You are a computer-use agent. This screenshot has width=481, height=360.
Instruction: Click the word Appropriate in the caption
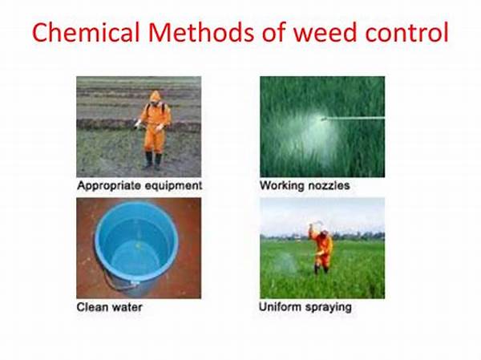point(109,185)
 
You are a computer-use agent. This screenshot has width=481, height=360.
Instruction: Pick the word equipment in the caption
point(173,185)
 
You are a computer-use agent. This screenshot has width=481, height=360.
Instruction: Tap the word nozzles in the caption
point(329,185)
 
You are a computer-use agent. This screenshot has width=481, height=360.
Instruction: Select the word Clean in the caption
point(92,306)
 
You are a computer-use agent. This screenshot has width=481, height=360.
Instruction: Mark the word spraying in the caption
point(329,306)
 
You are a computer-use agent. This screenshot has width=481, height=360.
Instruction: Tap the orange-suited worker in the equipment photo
point(154,127)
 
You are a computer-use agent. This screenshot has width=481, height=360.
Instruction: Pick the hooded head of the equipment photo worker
point(155,98)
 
